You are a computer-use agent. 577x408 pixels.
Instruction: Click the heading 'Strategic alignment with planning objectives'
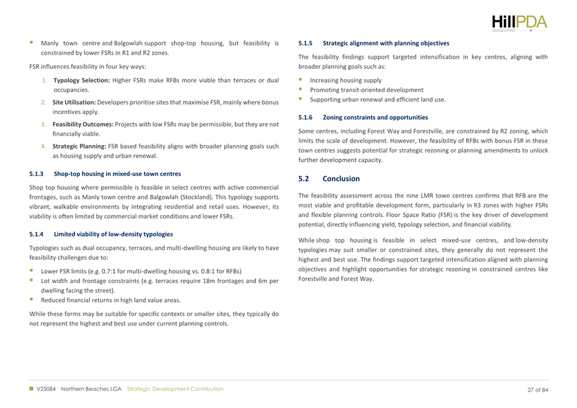click(x=386, y=44)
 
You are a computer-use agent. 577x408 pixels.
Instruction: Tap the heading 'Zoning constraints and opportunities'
click(x=375, y=117)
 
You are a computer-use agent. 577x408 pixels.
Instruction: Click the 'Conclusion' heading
click(x=342, y=179)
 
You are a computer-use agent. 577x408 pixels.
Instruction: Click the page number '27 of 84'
click(x=537, y=389)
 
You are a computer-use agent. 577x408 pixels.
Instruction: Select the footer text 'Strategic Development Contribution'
click(x=174, y=389)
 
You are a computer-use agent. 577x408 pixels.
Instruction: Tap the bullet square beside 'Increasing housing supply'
click(x=301, y=81)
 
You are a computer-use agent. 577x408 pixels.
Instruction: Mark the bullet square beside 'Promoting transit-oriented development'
click(x=301, y=90)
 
